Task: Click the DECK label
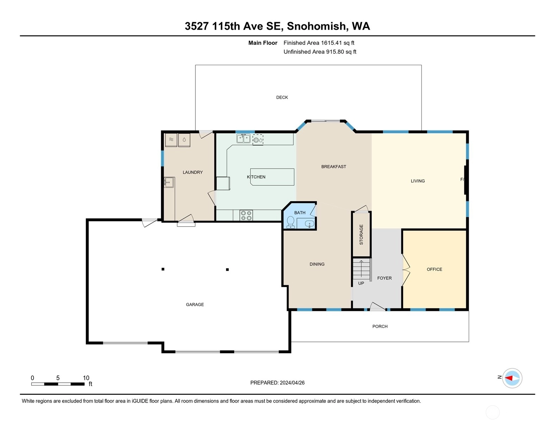pyautogui.click(x=282, y=97)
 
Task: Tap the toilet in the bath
pyautogui.click(x=291, y=222)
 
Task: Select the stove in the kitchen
pyautogui.click(x=246, y=215)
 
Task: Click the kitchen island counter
pyautogui.click(x=272, y=177)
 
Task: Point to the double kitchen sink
pyautogui.click(x=243, y=138)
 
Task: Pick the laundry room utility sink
pyautogui.click(x=169, y=183)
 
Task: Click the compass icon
pyautogui.click(x=512, y=378)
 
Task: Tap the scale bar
pyautogui.click(x=58, y=384)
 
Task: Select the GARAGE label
pyautogui.click(x=195, y=305)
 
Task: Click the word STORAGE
pyautogui.click(x=361, y=235)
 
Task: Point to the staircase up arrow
pyautogui.click(x=361, y=269)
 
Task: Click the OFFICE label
pyautogui.click(x=435, y=269)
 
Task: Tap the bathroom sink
pyautogui.click(x=310, y=224)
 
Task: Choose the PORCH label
pyautogui.click(x=380, y=326)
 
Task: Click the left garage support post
pyautogui.click(x=163, y=269)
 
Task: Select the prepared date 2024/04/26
pyautogui.click(x=292, y=383)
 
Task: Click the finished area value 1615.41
pyautogui.click(x=331, y=43)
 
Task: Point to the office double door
pyautogui.click(x=406, y=270)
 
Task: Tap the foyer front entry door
pyautogui.click(x=378, y=307)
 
